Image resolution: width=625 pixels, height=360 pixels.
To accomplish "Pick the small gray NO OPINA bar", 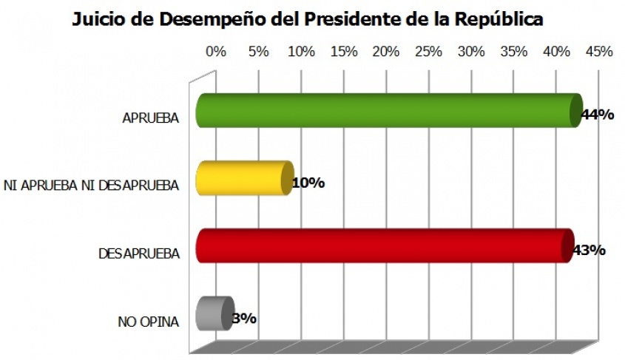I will click(x=213, y=313).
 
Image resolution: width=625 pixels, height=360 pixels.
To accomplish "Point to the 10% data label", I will click(x=308, y=183).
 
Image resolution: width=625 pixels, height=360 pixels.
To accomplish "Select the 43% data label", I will click(x=589, y=250).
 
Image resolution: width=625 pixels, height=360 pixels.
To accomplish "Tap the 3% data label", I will click(x=244, y=319).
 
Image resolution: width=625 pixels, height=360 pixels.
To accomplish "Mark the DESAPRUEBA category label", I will click(x=139, y=254).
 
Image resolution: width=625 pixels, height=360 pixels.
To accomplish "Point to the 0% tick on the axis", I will click(x=215, y=52).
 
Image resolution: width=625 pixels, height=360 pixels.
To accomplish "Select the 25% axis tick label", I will click(x=429, y=52).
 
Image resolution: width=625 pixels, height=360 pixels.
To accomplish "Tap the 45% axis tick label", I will click(x=599, y=52).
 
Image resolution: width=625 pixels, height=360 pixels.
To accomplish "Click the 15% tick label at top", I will click(x=344, y=52).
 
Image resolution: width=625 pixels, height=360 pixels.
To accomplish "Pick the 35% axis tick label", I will click(x=514, y=52).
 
